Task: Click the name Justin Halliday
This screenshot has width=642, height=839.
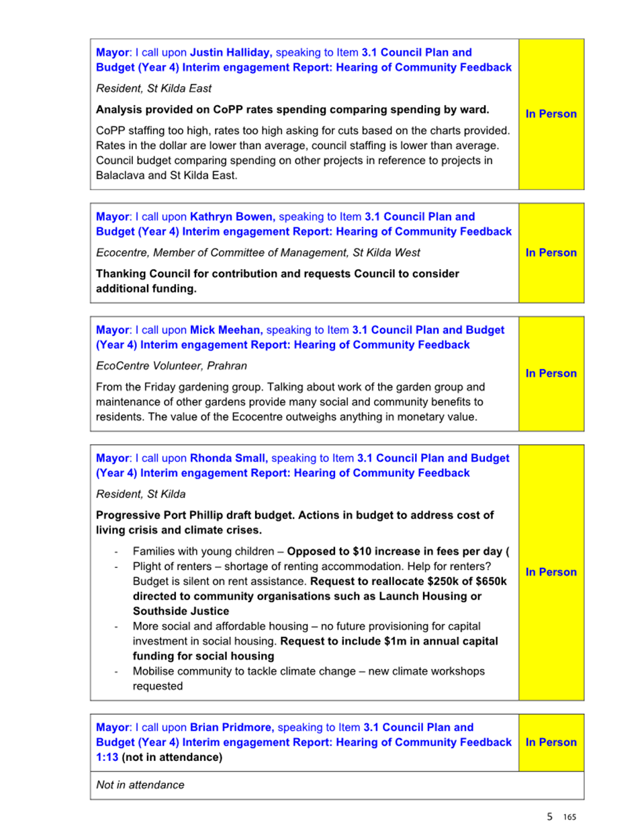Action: [230, 52]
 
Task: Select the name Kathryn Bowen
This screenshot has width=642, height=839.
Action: [232, 216]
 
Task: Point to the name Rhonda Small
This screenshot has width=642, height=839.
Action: [228, 458]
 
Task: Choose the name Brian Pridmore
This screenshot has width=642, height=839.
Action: [232, 727]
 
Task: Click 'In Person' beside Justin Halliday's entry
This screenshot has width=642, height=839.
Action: [551, 114]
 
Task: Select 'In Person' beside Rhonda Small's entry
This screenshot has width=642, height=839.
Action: [551, 572]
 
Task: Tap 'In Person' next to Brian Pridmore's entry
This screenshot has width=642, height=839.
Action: [551, 742]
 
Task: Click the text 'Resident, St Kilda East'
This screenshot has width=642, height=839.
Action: [154, 88]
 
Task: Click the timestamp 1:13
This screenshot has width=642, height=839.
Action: [107, 757]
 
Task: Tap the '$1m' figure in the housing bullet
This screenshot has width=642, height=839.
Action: [395, 641]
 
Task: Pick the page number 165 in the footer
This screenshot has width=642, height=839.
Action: [569, 817]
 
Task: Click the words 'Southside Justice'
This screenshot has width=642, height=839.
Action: [181, 611]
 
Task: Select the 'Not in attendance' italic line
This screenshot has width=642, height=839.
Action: [140, 785]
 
